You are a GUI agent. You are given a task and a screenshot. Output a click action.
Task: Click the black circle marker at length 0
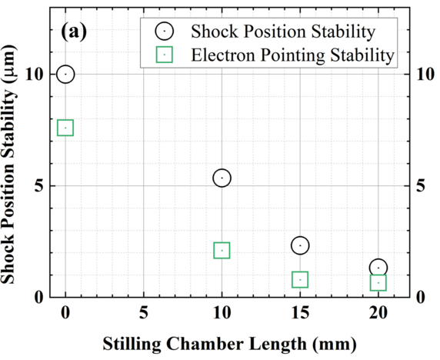[65, 74]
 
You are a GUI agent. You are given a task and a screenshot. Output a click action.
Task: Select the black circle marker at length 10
[222, 178]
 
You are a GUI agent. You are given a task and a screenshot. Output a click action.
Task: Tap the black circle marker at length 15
[300, 245]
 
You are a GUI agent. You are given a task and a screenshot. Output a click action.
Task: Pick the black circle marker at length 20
[378, 268]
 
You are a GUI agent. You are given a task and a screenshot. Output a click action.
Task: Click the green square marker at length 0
[65, 128]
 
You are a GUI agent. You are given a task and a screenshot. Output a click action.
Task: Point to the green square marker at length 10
[222, 250]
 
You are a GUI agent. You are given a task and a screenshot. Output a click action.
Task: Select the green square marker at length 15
[300, 279]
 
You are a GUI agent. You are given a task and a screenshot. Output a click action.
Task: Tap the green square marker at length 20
[378, 283]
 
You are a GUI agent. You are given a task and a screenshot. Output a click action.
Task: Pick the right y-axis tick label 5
[419, 185]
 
